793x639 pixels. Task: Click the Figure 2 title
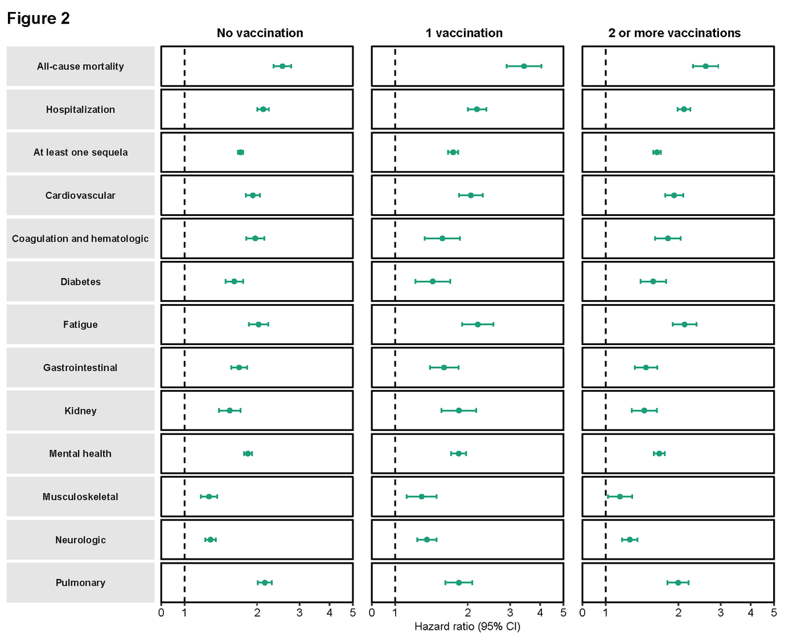[x=38, y=19]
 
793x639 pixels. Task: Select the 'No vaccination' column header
[x=260, y=33]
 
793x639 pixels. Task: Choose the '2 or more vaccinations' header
[x=675, y=33]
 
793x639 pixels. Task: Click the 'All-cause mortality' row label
[x=81, y=67]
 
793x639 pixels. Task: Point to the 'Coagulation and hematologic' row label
[x=81, y=239]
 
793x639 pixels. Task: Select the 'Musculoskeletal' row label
[x=81, y=497]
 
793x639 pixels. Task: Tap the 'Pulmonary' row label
[x=81, y=583]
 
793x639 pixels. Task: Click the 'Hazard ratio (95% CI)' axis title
[x=467, y=626]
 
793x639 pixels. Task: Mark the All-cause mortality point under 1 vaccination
[x=524, y=66]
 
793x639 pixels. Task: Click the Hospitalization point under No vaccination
[x=263, y=109]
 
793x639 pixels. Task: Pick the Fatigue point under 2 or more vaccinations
[x=685, y=324]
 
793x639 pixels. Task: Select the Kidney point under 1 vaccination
[x=459, y=410]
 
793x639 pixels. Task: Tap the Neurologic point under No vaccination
[x=210, y=540]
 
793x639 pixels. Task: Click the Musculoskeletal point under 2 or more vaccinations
[x=620, y=496]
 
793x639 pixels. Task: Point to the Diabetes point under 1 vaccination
[x=433, y=282]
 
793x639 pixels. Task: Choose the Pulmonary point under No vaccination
[x=265, y=583]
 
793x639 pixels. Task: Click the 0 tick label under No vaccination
[x=161, y=613]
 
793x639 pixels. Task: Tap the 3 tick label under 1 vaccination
[x=510, y=613]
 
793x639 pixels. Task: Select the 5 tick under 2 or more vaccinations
[x=773, y=613]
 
